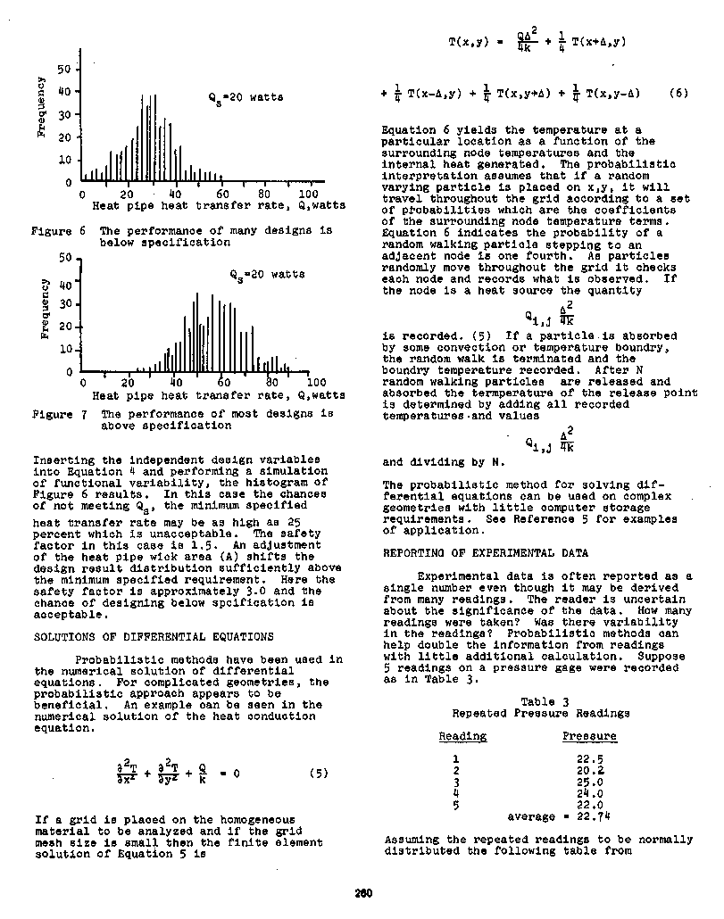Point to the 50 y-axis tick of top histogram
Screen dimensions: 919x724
click(x=63, y=69)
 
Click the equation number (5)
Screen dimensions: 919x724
click(x=319, y=774)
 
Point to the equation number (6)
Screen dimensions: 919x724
click(x=678, y=92)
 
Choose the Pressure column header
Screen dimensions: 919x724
click(x=589, y=736)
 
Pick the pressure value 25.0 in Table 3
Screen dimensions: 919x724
click(x=590, y=782)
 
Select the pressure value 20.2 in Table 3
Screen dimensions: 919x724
click(x=590, y=770)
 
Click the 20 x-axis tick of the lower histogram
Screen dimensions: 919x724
click(x=129, y=382)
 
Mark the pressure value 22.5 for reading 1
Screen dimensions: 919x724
click(x=590, y=758)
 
